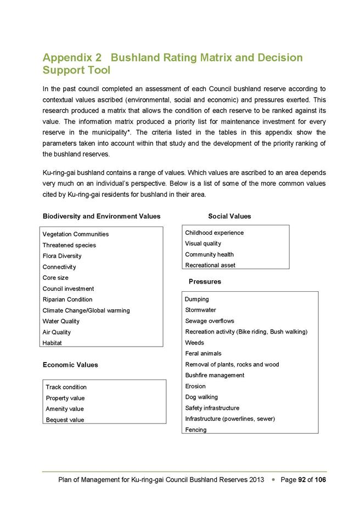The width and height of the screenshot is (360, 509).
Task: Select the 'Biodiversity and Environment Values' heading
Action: pos(102,217)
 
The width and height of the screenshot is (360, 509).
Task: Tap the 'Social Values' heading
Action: pos(229,217)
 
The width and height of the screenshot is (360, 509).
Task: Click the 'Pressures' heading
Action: pos(205,281)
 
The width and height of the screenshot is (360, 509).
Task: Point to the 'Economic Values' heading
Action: pos(70,364)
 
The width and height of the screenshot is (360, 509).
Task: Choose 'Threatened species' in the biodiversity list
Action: pos(69,245)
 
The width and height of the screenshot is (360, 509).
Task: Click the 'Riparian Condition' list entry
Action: pos(67,299)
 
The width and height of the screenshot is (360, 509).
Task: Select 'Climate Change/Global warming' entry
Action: pos(86,310)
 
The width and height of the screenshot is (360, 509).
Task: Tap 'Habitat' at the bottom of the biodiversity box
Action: pos(52,343)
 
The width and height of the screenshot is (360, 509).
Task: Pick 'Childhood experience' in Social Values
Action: pos(214,233)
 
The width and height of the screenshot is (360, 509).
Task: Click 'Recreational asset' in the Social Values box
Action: pos(210,265)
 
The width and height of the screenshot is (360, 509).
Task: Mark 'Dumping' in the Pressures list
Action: pos(197,299)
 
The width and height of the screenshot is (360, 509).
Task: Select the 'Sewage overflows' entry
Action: pos(210,321)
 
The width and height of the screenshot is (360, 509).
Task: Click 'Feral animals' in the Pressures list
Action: pos(204,353)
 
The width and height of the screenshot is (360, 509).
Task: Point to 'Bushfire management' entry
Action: pos(215,375)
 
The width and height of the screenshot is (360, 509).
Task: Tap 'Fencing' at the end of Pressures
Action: pos(196,429)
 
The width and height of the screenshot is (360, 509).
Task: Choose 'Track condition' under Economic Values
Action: pos(66,387)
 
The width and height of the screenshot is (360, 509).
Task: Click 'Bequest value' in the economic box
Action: pos(65,420)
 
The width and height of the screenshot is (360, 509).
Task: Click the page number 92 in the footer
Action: pos(302,480)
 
